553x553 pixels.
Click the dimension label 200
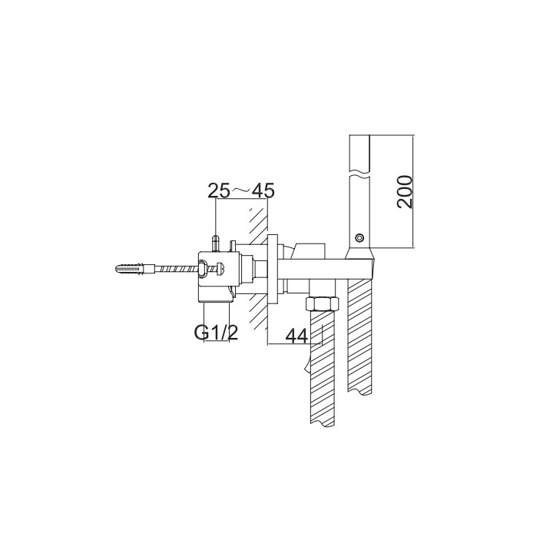407,192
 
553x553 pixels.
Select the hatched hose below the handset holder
360,338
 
